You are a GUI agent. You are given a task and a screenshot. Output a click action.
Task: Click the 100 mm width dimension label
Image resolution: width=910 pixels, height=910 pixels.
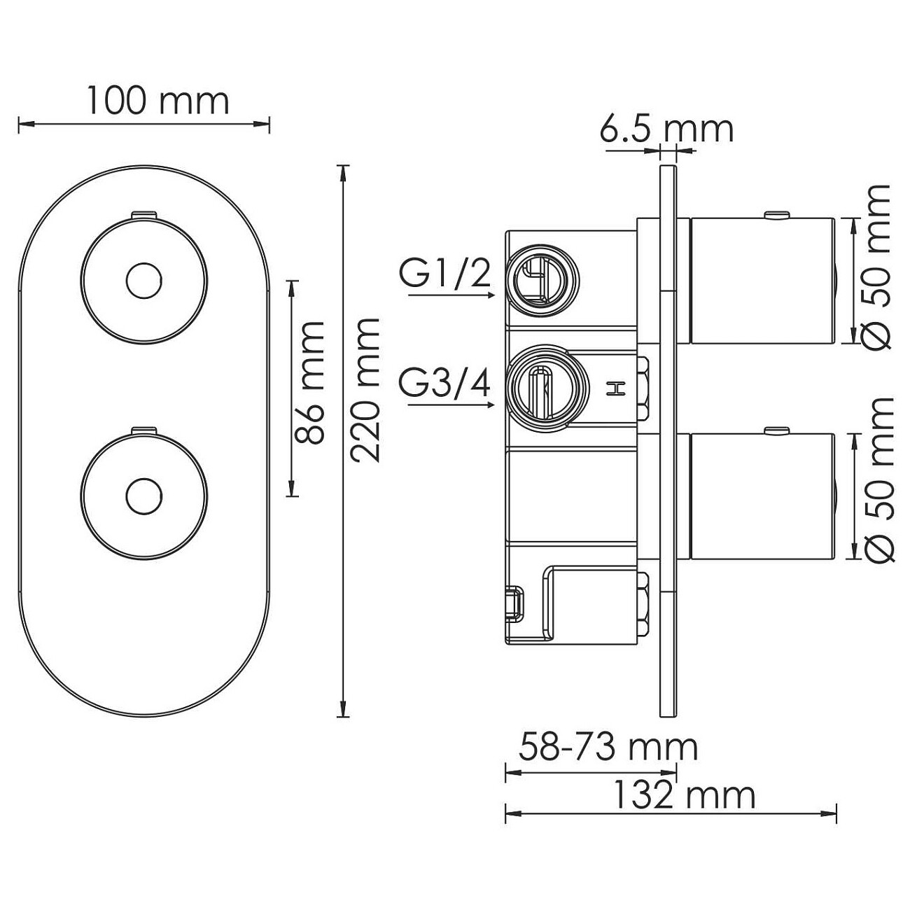click(158, 101)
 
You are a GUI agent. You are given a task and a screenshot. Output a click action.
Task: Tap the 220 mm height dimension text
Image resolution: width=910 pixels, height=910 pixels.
click(365, 390)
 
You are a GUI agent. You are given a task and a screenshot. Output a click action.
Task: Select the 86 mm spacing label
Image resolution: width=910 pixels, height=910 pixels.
click(309, 383)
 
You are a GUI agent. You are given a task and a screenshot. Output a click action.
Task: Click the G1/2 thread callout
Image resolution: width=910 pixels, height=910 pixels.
click(445, 274)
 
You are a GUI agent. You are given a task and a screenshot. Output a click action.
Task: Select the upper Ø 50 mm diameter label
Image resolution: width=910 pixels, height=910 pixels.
click(875, 267)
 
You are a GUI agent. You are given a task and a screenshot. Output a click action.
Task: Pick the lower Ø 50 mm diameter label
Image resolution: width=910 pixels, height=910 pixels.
click(878, 480)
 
